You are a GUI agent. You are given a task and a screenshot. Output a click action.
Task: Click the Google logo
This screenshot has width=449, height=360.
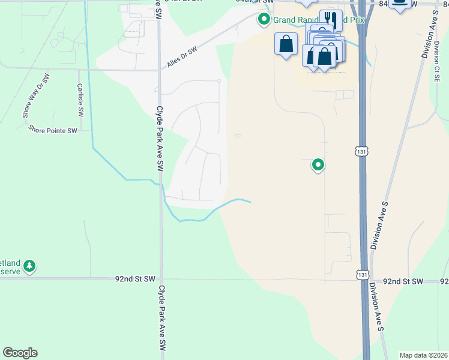20,353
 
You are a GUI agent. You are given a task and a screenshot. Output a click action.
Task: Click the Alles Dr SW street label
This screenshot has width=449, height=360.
182,58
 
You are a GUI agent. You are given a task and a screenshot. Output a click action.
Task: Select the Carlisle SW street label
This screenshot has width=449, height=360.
80,100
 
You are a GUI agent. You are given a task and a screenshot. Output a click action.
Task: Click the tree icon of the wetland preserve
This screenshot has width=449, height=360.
29,265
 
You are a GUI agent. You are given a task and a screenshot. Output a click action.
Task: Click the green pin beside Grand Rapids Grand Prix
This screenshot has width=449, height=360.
264,20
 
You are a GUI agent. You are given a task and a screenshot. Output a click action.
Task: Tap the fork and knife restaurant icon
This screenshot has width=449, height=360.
330,19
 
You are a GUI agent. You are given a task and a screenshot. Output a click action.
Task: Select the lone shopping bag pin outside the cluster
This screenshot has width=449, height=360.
286,44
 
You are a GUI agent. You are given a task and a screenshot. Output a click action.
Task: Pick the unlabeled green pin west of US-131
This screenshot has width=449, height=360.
318,164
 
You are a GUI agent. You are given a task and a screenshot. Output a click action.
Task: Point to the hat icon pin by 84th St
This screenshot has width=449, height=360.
399,3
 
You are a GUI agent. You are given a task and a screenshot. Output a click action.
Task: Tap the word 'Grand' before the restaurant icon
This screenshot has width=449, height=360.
284,20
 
